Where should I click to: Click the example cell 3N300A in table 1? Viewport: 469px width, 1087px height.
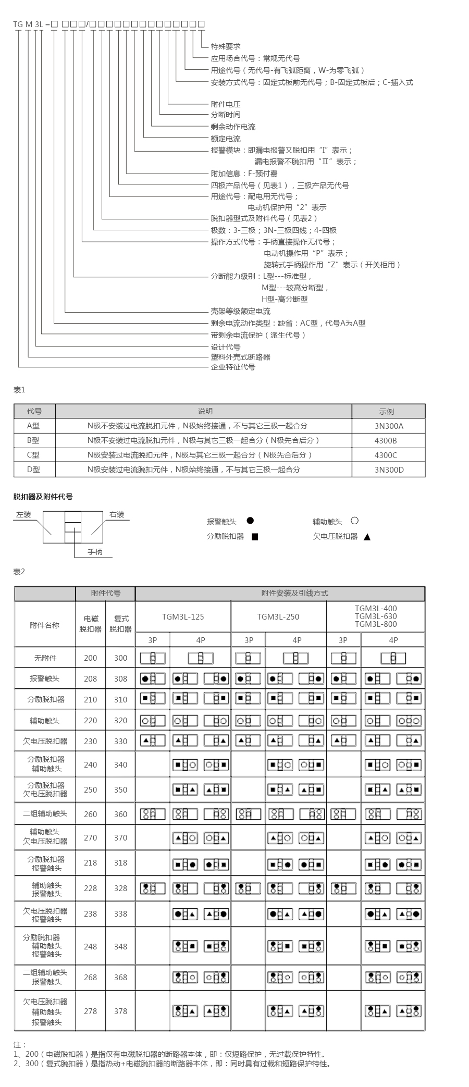[389, 426]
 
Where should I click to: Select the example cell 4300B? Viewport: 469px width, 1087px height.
[386, 440]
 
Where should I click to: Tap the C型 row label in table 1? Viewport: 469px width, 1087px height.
[33, 455]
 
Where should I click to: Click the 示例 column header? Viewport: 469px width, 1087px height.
[386, 411]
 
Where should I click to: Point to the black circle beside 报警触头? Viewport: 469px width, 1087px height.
[250, 521]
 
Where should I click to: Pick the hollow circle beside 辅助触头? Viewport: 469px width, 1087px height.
[354, 521]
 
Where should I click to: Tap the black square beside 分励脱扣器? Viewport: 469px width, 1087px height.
[255, 537]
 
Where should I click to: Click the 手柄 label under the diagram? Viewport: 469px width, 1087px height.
[95, 552]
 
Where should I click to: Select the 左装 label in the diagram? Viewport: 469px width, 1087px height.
[23, 514]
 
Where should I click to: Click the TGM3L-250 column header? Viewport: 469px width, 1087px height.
[278, 616]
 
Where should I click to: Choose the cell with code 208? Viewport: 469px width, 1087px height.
[91, 678]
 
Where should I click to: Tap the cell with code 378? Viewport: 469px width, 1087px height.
[120, 1011]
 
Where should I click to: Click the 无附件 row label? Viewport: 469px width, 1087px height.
[45, 658]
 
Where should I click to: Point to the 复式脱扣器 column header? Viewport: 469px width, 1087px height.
[120, 624]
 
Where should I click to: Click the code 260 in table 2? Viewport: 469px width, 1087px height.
[91, 814]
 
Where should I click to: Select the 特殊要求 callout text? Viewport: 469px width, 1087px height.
[226, 46]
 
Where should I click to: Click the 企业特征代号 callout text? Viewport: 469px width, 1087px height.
[233, 367]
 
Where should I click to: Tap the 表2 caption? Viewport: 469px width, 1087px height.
[19, 572]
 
